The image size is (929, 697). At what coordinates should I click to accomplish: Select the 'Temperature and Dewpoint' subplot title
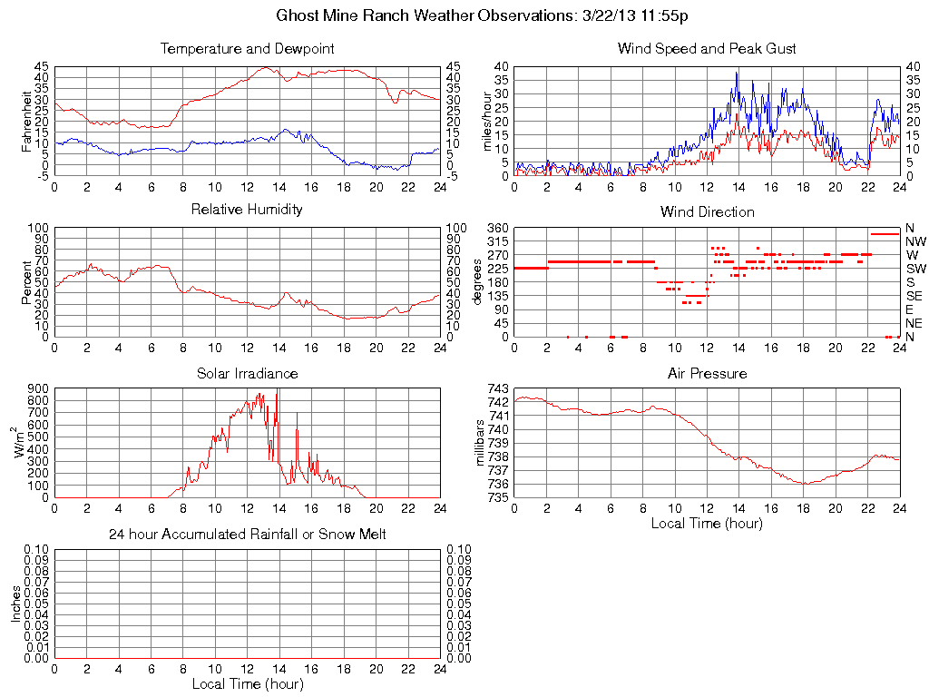[x=247, y=48]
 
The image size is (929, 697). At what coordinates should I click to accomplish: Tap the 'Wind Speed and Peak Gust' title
[x=707, y=48]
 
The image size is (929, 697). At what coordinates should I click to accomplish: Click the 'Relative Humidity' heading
[x=247, y=210]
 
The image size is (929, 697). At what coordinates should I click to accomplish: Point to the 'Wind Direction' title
[x=707, y=211]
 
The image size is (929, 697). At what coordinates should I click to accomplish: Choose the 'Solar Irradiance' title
[x=247, y=373]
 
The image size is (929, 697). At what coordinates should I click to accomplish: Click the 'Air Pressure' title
[x=707, y=373]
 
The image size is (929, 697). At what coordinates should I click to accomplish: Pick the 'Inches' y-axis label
[x=15, y=604]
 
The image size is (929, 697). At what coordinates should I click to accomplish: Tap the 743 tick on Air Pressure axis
[x=499, y=388]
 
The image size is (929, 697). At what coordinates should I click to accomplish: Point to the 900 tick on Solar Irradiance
[x=37, y=388]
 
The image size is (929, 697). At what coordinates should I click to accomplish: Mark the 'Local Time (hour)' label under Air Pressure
[x=707, y=523]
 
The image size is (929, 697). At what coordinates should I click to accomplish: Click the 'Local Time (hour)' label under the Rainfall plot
[x=247, y=683]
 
